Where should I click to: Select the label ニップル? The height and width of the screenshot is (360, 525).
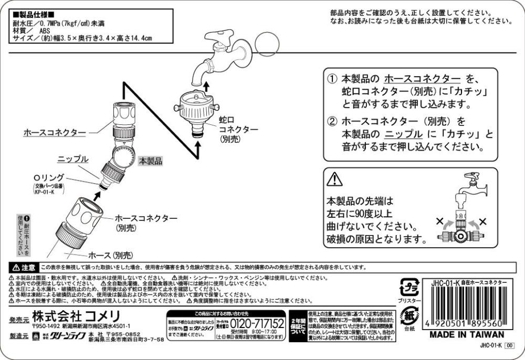73,158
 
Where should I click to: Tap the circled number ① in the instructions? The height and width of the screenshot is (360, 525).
332,79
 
